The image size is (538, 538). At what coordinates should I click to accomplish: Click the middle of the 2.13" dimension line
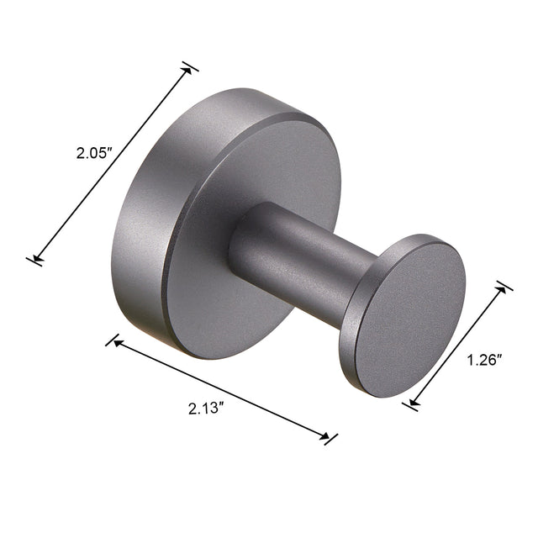[x=221, y=388]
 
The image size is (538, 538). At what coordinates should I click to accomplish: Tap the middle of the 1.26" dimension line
[x=457, y=345]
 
